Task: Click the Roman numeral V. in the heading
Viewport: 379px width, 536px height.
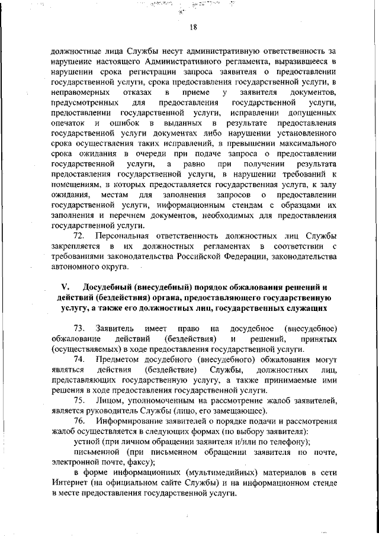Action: [66, 288]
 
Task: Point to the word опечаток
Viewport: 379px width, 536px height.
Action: [68, 123]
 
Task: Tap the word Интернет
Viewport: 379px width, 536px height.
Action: [68, 483]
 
